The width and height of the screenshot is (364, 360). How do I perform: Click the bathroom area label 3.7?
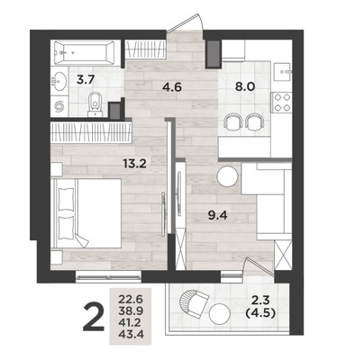click(86, 80)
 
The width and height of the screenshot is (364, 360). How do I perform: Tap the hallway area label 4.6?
click(172, 87)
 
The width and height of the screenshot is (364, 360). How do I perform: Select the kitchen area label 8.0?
click(245, 86)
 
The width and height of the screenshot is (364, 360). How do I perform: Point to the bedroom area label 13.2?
click(134, 164)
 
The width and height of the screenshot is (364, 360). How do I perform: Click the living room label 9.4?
click(218, 215)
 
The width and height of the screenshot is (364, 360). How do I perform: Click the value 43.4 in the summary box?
click(131, 333)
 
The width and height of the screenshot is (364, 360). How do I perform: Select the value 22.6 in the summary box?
click(131, 299)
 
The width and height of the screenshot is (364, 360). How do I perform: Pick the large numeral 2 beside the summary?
click(94, 317)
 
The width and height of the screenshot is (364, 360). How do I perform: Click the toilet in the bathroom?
click(96, 104)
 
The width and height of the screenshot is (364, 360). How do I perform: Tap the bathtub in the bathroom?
click(85, 52)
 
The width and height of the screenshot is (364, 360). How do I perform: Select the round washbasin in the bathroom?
click(59, 81)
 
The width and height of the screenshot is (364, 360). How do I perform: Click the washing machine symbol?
click(59, 106)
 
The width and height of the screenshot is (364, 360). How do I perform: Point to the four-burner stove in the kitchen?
click(281, 102)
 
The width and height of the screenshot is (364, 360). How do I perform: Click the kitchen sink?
click(283, 72)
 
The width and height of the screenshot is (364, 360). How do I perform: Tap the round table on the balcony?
click(220, 313)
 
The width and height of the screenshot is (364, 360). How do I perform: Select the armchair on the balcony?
click(194, 304)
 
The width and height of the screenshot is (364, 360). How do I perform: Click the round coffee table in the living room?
click(228, 176)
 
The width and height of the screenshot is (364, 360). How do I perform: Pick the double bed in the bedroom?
click(86, 213)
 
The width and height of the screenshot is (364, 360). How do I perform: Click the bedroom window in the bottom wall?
click(108, 277)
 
